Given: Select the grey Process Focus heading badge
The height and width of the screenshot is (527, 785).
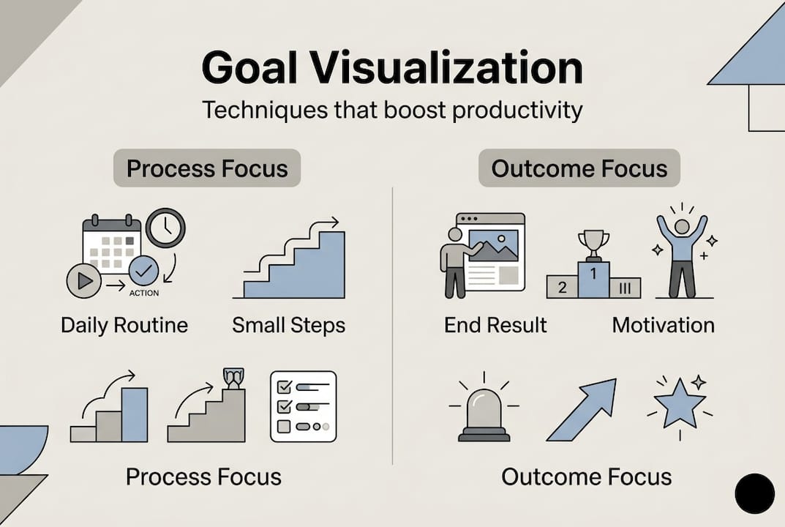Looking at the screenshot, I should pyautogui.click(x=207, y=169).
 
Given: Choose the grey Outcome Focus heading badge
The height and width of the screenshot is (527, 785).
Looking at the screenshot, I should pyautogui.click(x=579, y=169).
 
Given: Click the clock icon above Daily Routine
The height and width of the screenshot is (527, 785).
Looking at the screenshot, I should pyautogui.click(x=165, y=228).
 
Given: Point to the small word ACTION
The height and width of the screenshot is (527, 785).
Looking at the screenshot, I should pyautogui.click(x=143, y=294).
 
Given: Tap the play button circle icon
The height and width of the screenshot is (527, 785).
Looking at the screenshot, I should pyautogui.click(x=83, y=281).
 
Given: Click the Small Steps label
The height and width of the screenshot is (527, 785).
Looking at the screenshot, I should pyautogui.click(x=288, y=325).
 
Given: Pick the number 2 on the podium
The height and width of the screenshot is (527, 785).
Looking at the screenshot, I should pyautogui.click(x=562, y=288).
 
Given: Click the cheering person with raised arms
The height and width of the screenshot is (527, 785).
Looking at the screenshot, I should pyautogui.click(x=682, y=253).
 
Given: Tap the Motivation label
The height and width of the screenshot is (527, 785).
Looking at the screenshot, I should pyautogui.click(x=663, y=325).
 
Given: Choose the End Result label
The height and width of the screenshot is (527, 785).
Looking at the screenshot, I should pyautogui.click(x=495, y=325).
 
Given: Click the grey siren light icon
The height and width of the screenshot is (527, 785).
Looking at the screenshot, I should pyautogui.click(x=484, y=414).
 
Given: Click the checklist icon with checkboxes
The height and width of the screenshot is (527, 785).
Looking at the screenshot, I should pyautogui.click(x=303, y=406).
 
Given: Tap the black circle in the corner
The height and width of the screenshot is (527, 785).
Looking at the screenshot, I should pyautogui.click(x=754, y=493).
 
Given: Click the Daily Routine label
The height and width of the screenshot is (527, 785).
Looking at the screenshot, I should pyautogui.click(x=124, y=325).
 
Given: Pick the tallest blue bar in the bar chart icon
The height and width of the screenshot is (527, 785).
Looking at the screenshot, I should pyautogui.click(x=135, y=414).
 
